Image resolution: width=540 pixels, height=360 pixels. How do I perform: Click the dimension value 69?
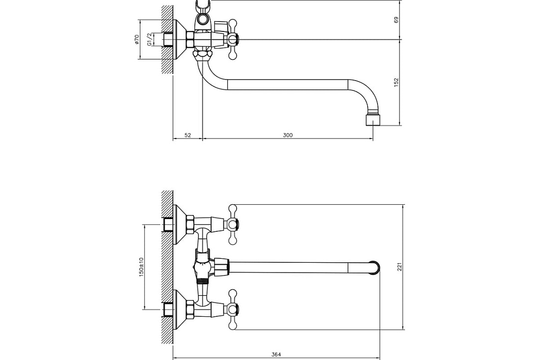[x=396, y=20]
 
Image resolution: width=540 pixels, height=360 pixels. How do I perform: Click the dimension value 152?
[x=396, y=82]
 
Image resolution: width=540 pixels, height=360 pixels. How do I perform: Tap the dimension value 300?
[x=288, y=135]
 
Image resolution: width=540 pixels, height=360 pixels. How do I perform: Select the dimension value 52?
[x=188, y=135]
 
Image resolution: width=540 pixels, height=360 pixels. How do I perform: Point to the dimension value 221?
[x=400, y=266]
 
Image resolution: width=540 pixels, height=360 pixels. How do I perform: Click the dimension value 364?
[x=276, y=355]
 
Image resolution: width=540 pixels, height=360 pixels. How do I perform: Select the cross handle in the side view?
[x=233, y=40]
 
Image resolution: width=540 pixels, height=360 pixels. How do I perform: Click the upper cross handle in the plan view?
[x=233, y=224]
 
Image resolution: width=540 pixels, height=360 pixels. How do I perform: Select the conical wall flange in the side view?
[x=179, y=40]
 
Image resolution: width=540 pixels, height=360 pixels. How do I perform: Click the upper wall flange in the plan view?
[x=179, y=224]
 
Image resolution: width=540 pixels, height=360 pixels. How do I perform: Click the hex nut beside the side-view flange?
[x=190, y=40]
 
